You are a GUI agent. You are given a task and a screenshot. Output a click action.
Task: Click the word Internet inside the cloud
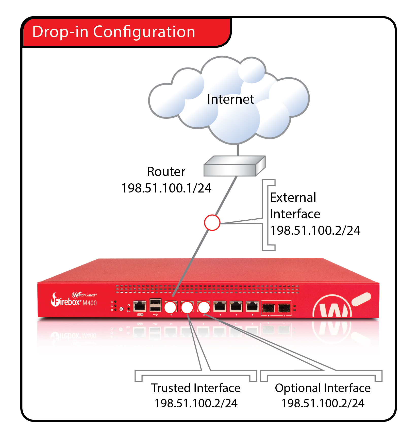(230, 99)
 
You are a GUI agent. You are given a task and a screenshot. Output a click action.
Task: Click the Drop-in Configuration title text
(113, 32)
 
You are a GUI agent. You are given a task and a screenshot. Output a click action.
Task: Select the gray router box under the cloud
(234, 166)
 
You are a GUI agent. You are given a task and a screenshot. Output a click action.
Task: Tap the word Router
(166, 172)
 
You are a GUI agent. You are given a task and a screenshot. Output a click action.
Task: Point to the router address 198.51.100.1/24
(166, 188)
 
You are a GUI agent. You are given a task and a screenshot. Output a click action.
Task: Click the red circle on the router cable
(212, 223)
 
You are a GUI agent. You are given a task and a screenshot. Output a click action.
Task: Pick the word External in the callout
(293, 198)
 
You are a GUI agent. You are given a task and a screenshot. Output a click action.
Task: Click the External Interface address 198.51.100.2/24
(315, 231)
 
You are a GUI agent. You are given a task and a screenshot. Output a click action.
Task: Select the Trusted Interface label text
(196, 388)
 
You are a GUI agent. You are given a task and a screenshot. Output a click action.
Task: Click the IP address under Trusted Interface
(196, 403)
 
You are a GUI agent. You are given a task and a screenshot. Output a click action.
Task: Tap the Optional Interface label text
(323, 388)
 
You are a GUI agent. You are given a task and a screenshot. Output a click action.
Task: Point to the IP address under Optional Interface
(323, 403)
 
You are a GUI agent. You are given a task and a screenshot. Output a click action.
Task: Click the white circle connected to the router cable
(171, 307)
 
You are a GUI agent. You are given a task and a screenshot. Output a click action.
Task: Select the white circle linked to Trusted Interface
(187, 307)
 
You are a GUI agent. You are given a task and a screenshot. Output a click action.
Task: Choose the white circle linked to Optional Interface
(204, 307)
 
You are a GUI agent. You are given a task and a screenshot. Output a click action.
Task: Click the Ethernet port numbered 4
(236, 307)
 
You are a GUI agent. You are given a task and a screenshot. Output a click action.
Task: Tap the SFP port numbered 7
(284, 308)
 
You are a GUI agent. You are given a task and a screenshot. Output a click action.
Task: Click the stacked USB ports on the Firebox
(155, 305)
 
